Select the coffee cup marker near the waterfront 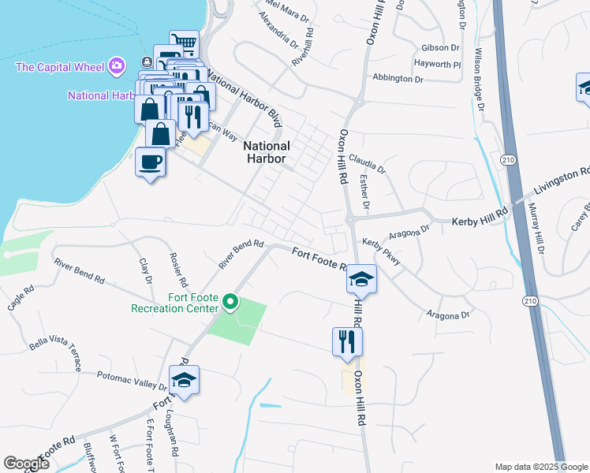(150, 162)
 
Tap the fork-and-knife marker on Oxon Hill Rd (347, 342)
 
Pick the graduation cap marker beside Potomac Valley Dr (184, 381)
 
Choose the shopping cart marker (185, 43)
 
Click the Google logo (26, 464)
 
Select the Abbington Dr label (398, 79)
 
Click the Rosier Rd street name (179, 270)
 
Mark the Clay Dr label (145, 270)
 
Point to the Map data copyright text (540, 467)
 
